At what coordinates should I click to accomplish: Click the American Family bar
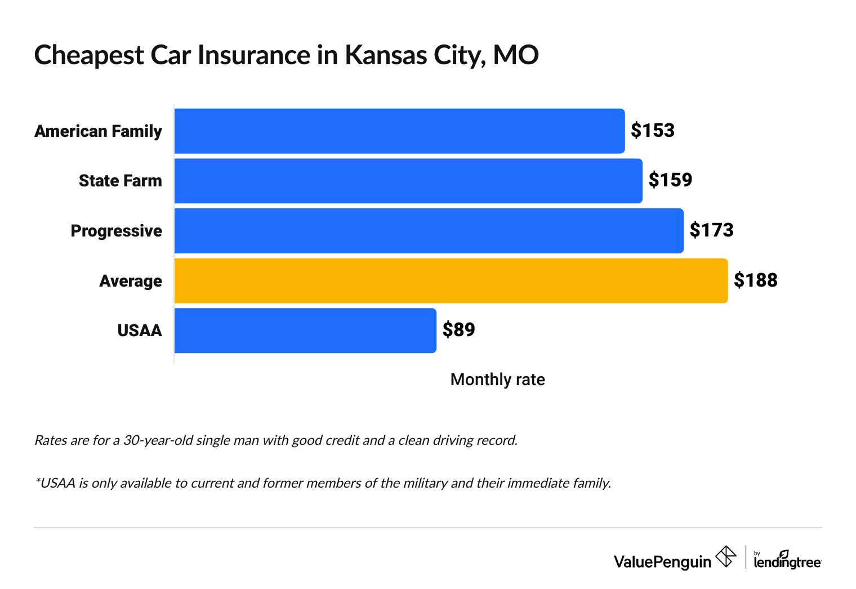(399, 131)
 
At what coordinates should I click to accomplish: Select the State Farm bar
(408, 181)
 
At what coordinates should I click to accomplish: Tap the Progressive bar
(429, 231)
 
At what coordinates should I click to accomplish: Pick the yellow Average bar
(451, 280)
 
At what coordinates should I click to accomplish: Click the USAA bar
(305, 331)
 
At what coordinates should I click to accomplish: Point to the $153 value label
(652, 131)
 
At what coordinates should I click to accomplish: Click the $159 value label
(670, 180)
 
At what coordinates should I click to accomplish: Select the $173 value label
(711, 230)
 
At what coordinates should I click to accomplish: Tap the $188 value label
(755, 280)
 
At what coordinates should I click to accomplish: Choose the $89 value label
(458, 330)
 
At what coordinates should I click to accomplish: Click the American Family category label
(98, 131)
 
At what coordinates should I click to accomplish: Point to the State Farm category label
(120, 181)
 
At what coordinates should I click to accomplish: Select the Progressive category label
(116, 231)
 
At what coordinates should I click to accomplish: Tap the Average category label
(130, 281)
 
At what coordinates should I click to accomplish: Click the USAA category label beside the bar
(139, 331)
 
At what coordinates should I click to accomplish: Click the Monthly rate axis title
(497, 380)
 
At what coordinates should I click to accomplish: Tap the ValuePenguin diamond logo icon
(725, 557)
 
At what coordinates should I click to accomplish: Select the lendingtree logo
(787, 560)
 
